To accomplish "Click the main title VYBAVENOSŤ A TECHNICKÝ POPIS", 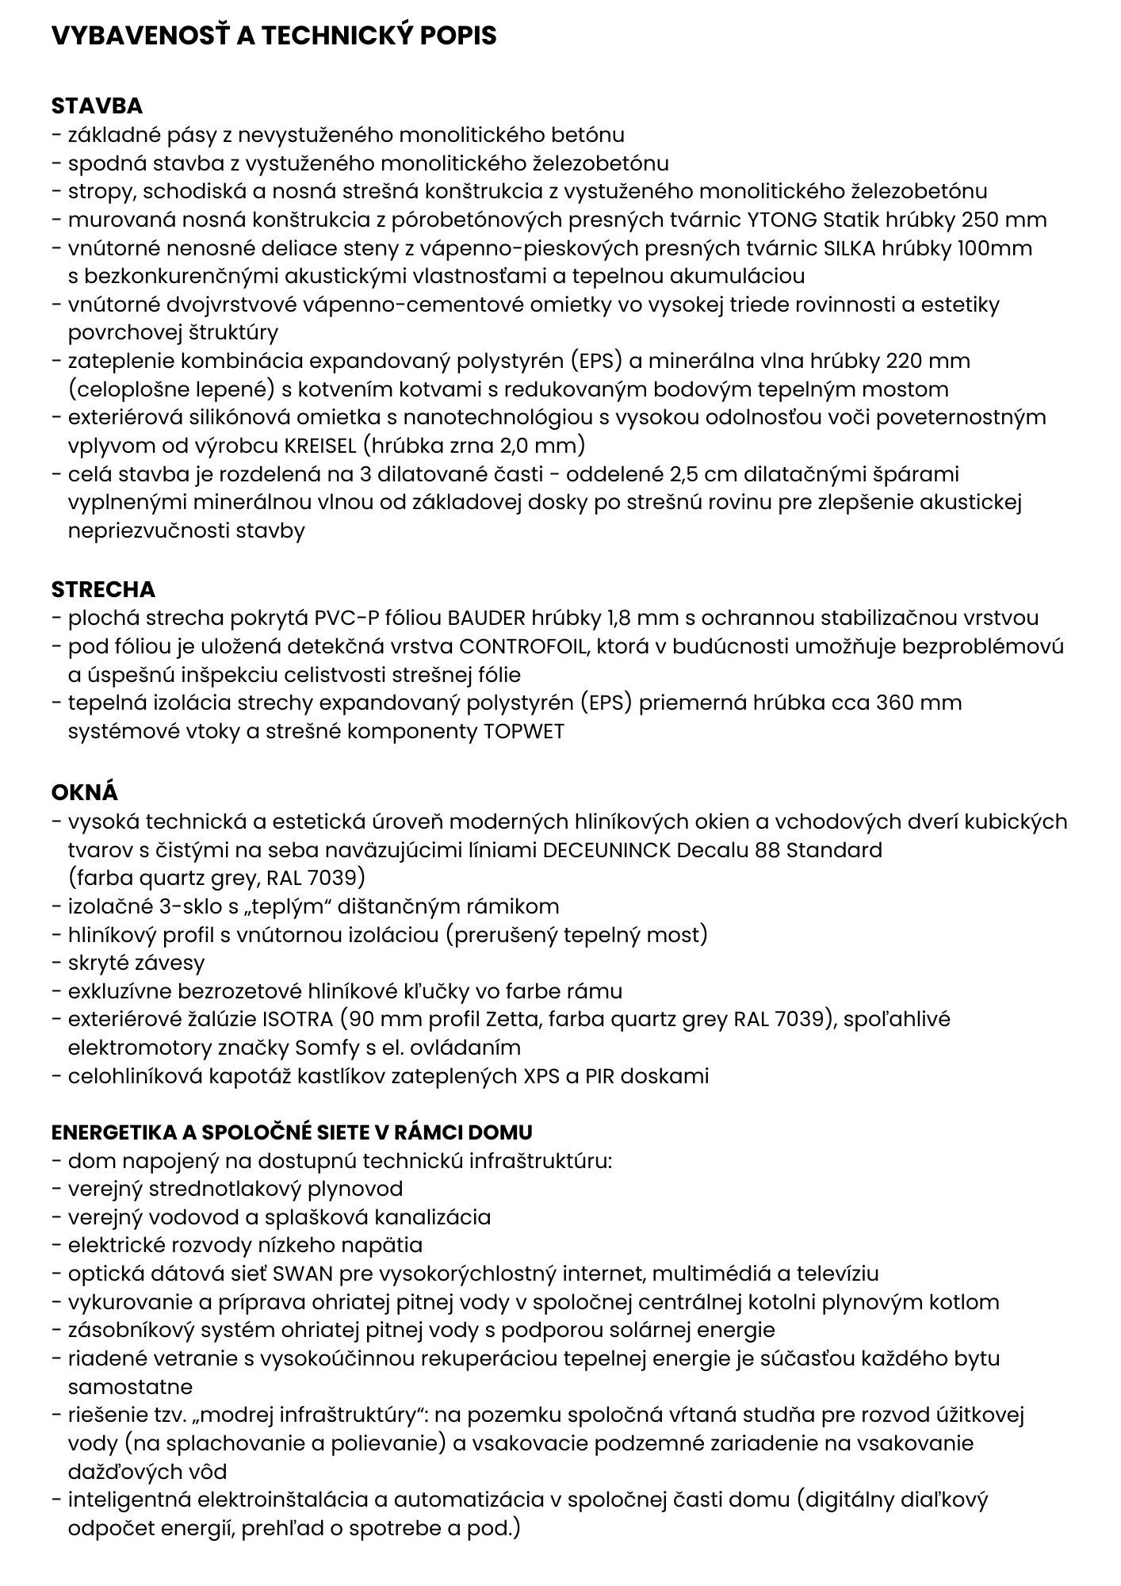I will pos(274,36).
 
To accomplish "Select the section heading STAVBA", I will pos(97,105).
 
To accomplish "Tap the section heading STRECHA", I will pos(103,589).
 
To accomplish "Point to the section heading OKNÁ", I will pos(85,792).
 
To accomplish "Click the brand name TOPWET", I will pos(523,731).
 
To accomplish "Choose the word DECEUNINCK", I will pos(608,850).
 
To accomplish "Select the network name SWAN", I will pos(297,1274).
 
